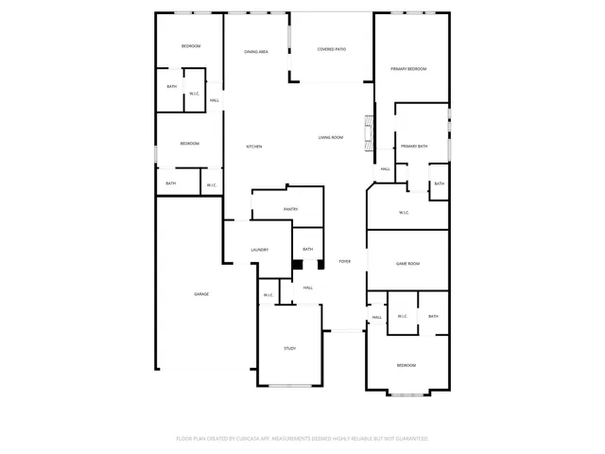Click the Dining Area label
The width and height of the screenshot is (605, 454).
(256, 52)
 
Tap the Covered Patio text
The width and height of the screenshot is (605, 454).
(331, 48)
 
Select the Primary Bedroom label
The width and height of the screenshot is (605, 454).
(409, 69)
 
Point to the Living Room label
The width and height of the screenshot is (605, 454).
(330, 138)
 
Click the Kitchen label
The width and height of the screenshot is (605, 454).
(253, 147)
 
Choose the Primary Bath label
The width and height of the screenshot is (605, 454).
(414, 147)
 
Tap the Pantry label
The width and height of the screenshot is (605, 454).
(290, 209)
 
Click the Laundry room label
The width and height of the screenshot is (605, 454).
(259, 250)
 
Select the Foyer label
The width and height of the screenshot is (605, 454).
(345, 261)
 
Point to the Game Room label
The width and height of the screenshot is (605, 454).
(407, 264)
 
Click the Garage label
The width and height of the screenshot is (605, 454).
(201, 294)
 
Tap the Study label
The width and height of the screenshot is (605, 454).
(290, 349)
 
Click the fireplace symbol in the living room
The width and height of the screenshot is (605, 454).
(369, 128)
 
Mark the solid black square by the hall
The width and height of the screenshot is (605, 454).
(297, 265)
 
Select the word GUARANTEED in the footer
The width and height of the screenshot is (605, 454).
(407, 439)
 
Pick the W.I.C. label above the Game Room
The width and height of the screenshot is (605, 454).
(404, 213)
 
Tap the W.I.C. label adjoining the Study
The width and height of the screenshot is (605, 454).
(268, 295)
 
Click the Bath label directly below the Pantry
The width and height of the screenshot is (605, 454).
(307, 250)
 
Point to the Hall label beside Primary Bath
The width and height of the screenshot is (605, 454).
(385, 169)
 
